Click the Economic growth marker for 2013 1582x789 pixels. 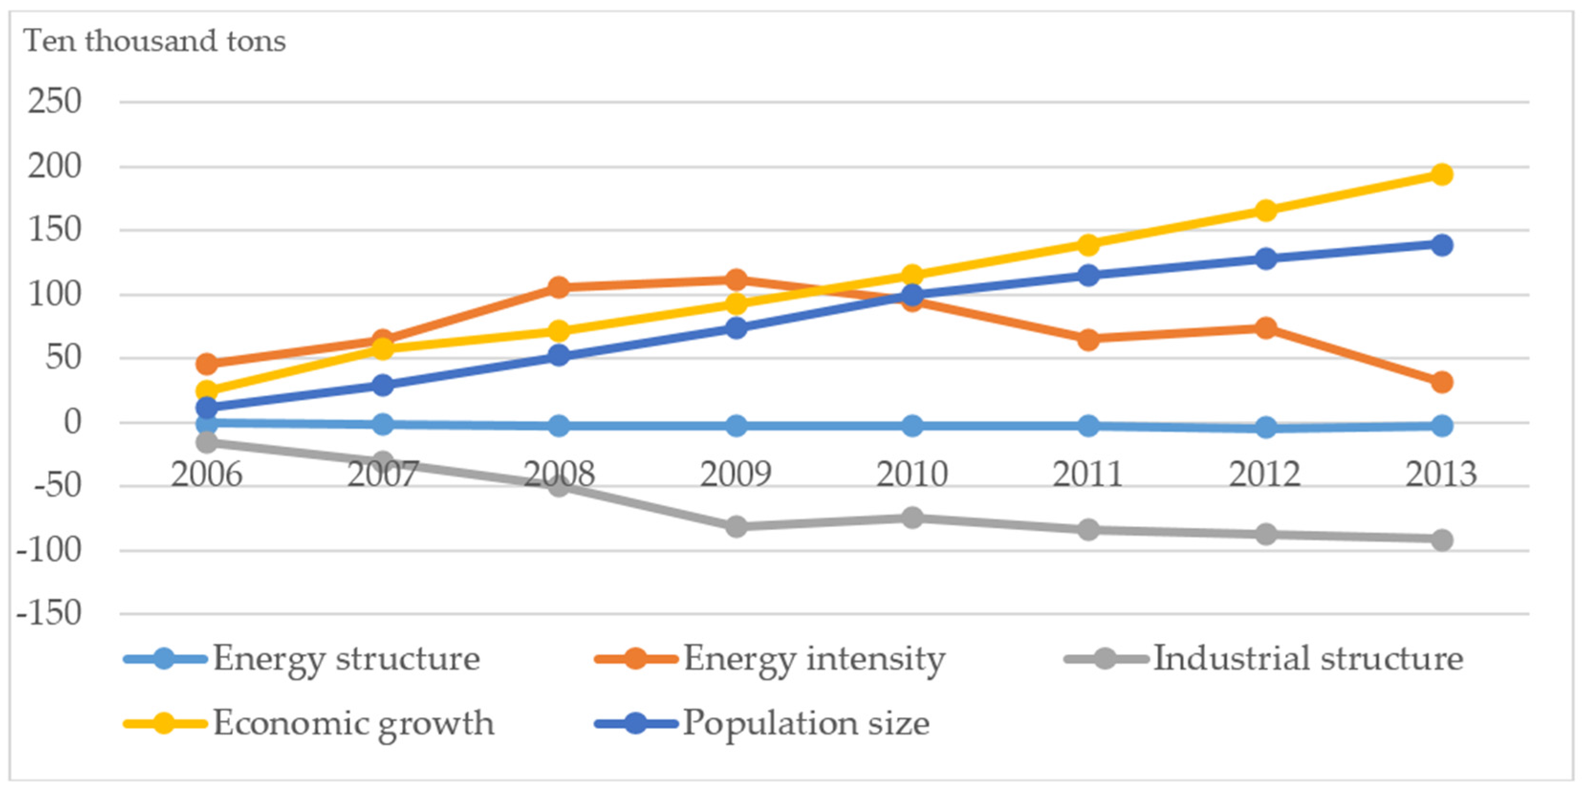click(1441, 174)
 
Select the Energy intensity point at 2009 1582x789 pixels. click(736, 280)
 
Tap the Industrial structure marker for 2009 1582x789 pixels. click(736, 526)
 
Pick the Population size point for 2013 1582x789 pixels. click(1441, 245)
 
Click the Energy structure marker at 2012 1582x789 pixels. click(1265, 427)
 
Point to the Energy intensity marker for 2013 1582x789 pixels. click(1441, 382)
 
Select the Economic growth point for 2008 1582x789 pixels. click(559, 331)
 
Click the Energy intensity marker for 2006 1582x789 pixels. click(207, 364)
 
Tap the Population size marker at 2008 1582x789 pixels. click(559, 355)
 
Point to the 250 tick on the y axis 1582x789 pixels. click(54, 101)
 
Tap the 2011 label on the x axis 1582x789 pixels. click(1088, 474)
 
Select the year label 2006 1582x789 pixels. click(207, 474)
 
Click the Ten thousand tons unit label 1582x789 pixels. click(155, 41)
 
